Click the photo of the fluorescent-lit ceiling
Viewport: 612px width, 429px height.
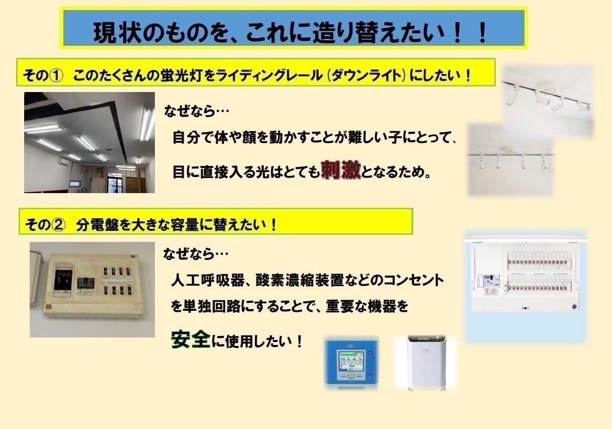pos(90,142)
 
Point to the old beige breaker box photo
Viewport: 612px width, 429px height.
pos(93,289)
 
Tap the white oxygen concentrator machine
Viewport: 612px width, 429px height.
pos(425,362)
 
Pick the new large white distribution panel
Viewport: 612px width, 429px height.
pos(525,279)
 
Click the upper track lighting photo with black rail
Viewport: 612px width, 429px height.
pos(548,96)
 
